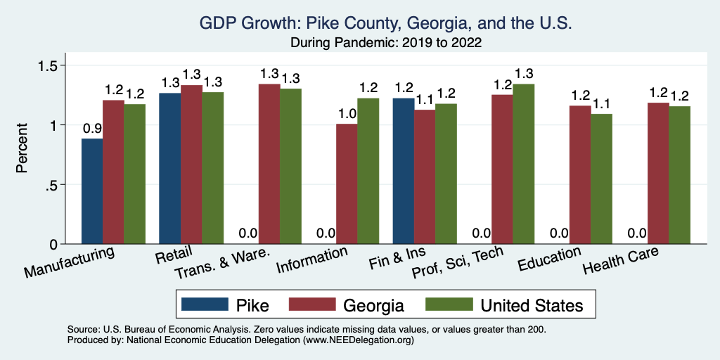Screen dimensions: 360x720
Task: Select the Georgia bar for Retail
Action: [x=191, y=165]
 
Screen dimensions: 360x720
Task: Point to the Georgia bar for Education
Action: [x=580, y=175]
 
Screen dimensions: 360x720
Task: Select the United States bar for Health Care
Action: [x=679, y=175]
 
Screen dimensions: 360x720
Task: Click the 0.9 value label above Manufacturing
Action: [x=92, y=129]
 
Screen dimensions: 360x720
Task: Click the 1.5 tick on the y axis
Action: [x=53, y=65]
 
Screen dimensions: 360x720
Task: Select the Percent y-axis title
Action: [x=22, y=149]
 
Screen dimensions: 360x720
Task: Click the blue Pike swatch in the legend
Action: [x=205, y=304]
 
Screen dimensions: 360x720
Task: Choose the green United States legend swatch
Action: [x=450, y=304]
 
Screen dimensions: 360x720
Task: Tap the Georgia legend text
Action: [x=373, y=305]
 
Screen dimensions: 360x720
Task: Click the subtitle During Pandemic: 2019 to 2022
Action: [x=386, y=43]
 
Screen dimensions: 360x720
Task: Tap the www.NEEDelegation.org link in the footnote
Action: [x=358, y=340]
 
